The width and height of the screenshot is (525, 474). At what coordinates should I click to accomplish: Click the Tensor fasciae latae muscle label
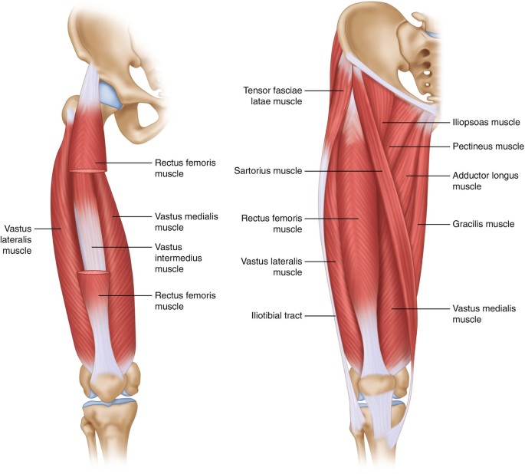(271, 94)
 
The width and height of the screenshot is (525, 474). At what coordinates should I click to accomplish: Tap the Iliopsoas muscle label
(485, 122)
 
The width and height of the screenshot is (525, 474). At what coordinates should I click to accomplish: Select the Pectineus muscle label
(487, 146)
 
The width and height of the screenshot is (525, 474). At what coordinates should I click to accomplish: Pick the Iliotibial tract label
(277, 314)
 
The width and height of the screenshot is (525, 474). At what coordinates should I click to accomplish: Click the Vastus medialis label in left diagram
(185, 222)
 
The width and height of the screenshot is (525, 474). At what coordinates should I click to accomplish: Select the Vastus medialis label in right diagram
(484, 313)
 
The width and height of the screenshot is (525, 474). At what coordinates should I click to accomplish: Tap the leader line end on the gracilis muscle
(419, 225)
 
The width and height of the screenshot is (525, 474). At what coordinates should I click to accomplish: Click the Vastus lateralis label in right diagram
(277, 266)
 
